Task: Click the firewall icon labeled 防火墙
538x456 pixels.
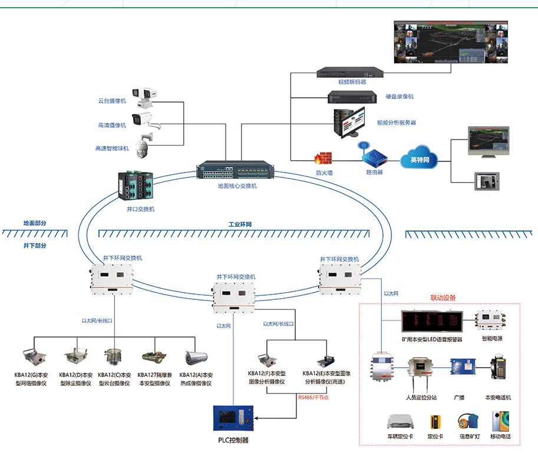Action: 323,158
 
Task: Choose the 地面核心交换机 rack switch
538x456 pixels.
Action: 233,170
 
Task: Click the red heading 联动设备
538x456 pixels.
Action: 443,298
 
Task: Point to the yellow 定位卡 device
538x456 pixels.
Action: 435,422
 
